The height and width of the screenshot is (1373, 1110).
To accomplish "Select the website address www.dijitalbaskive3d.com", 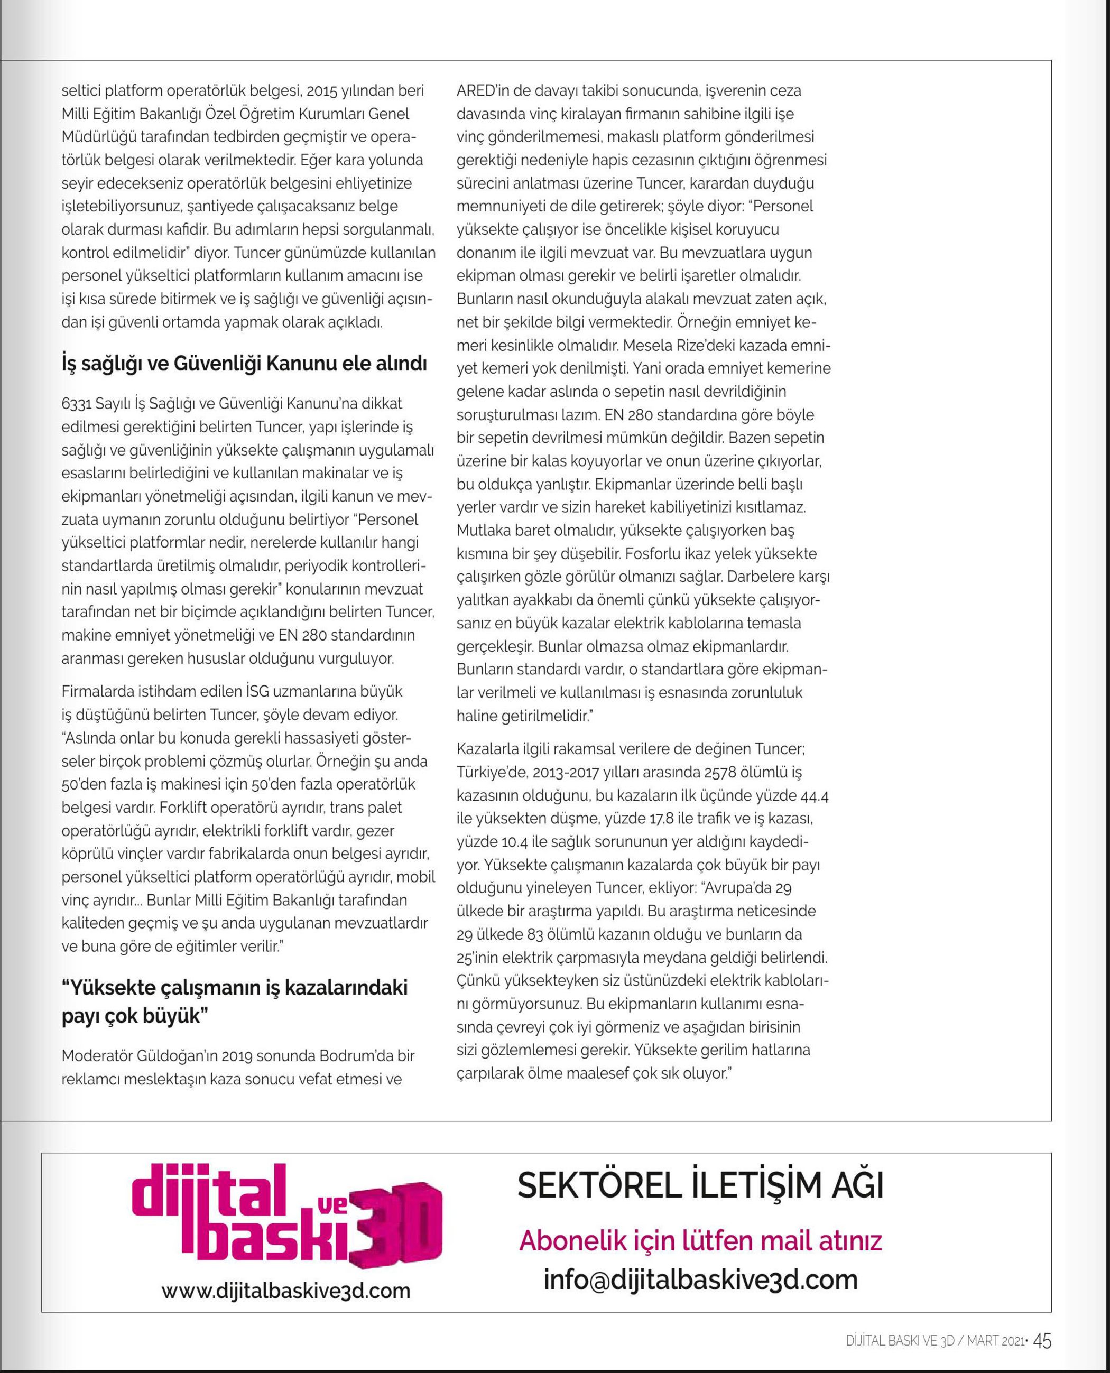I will tap(286, 1291).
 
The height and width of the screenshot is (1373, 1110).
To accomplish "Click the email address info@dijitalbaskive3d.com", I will tap(701, 1279).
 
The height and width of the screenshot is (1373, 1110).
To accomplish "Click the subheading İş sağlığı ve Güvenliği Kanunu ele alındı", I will tap(244, 364).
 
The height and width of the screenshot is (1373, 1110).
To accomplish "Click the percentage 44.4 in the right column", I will tap(814, 796).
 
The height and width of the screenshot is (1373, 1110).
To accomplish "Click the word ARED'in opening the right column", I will tap(483, 91).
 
